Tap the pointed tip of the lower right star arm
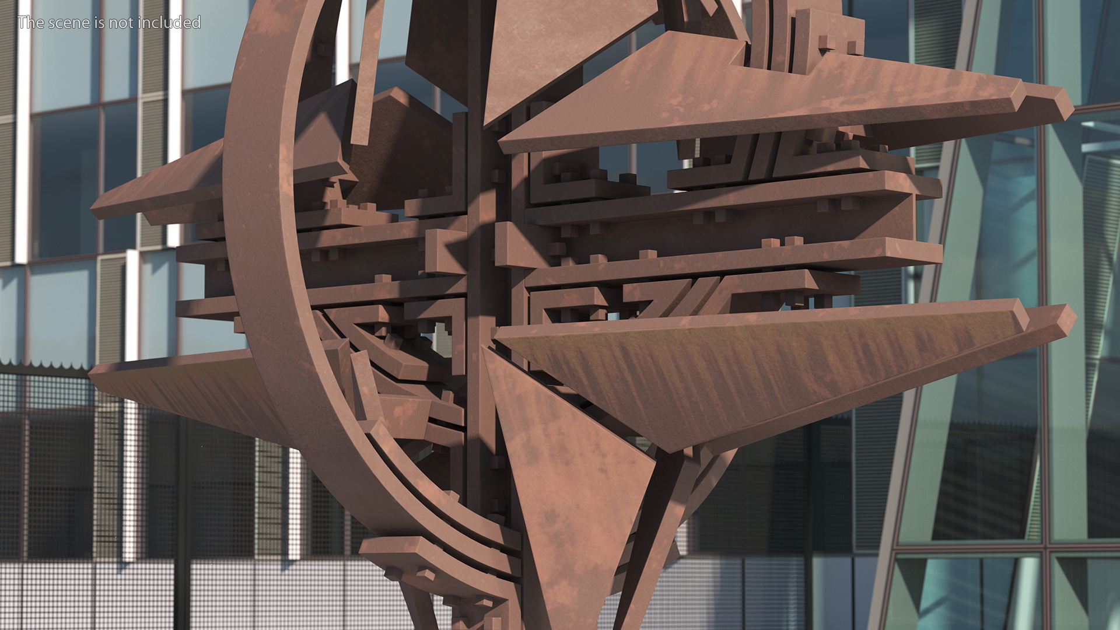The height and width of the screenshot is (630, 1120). pos(1075,318)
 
